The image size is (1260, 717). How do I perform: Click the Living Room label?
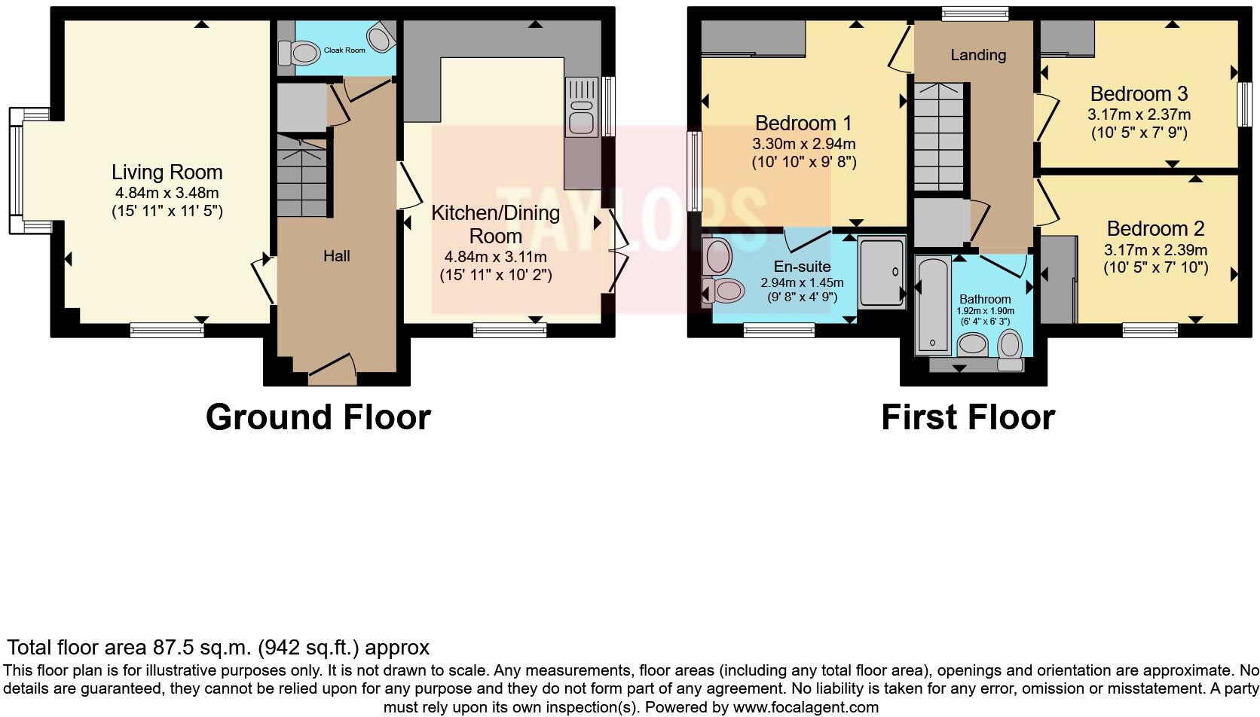click(x=167, y=172)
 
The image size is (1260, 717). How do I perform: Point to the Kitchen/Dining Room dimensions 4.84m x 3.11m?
click(x=495, y=257)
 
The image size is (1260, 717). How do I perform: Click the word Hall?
click(x=336, y=256)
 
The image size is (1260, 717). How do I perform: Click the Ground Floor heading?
click(x=317, y=416)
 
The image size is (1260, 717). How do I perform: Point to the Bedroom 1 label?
click(x=803, y=123)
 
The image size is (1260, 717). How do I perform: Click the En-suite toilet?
click(x=726, y=289)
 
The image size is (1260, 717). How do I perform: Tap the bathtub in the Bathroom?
click(x=933, y=306)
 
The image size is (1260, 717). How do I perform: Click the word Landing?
click(x=977, y=55)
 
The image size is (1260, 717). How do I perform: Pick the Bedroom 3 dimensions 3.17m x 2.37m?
click(x=1138, y=115)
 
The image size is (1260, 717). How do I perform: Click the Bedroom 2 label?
click(x=1155, y=228)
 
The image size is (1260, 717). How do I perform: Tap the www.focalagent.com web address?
click(x=805, y=707)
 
